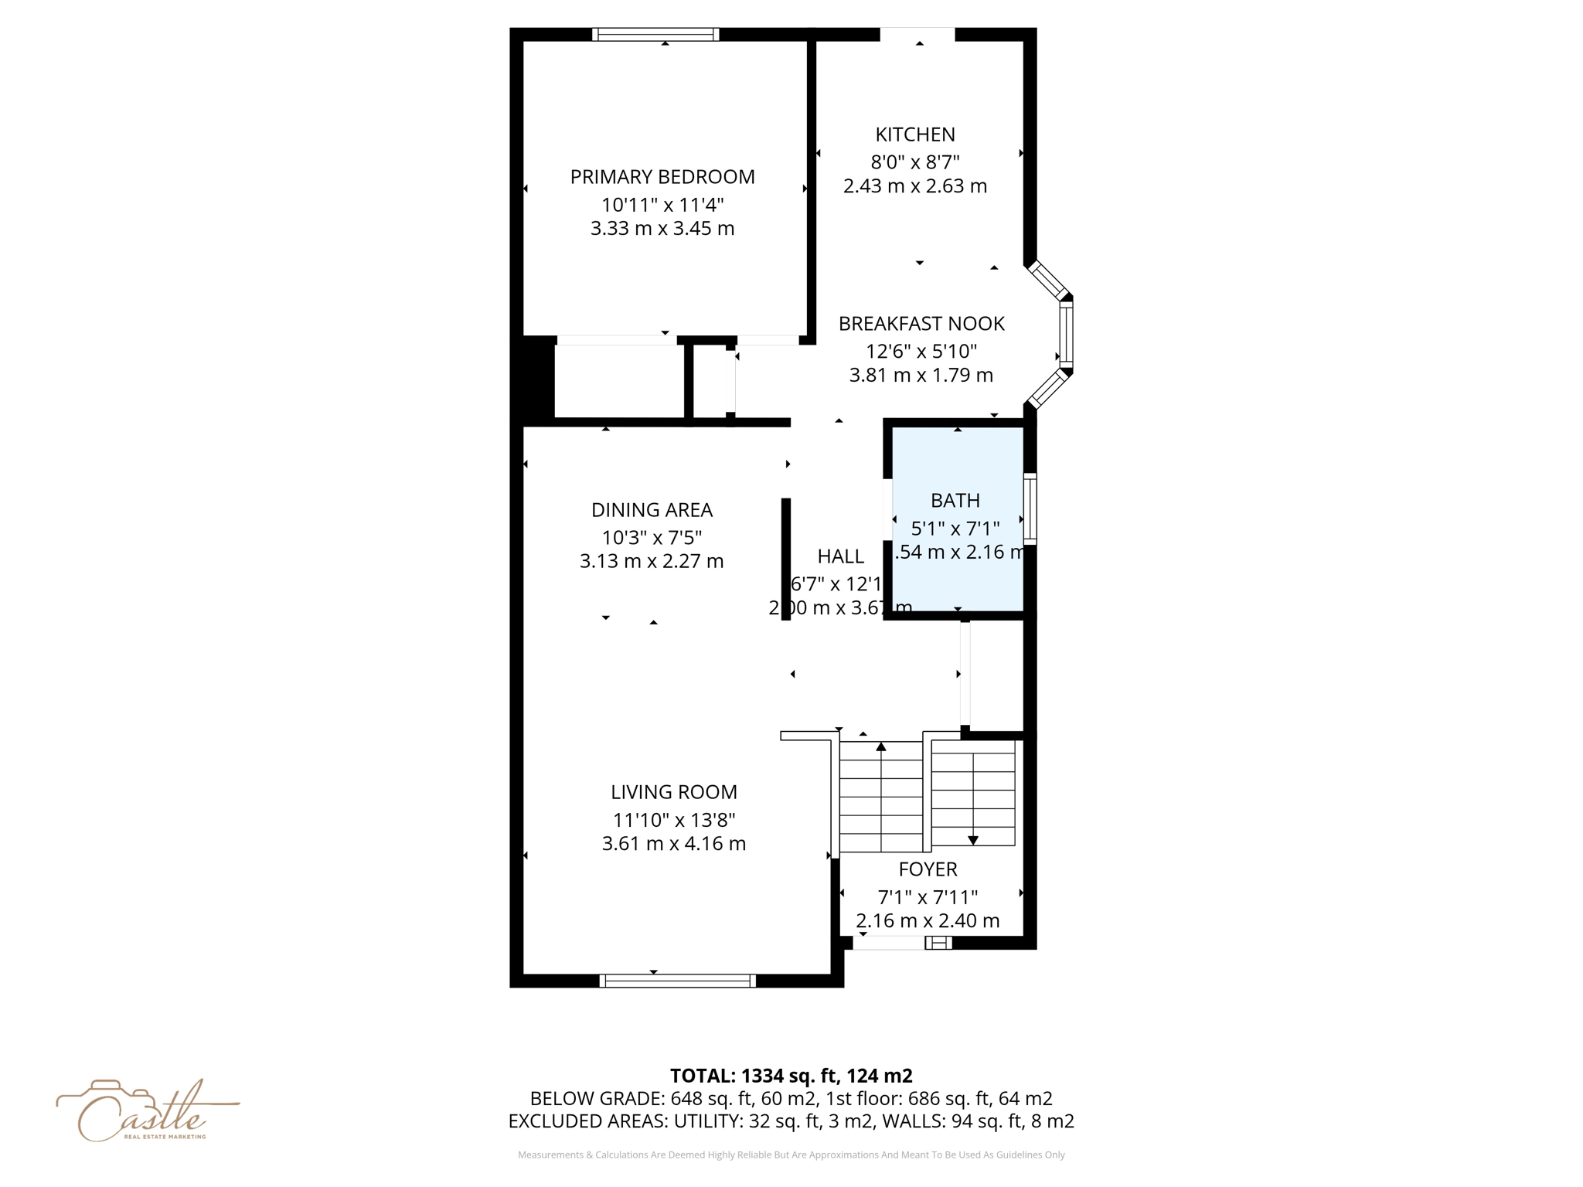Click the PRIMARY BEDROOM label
662,177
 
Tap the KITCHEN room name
915,134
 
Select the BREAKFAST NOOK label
921,324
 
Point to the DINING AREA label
652,510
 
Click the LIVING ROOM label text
674,792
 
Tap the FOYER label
928,869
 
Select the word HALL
840,556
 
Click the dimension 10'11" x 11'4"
662,205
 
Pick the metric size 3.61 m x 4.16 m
674,844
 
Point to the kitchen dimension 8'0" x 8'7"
915,162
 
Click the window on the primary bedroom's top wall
655,34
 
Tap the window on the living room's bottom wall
677,981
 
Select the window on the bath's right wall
1030,508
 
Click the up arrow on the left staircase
880,747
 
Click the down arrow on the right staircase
973,840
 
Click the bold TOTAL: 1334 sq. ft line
791,1076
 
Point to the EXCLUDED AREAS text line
791,1121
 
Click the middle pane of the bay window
1066,334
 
